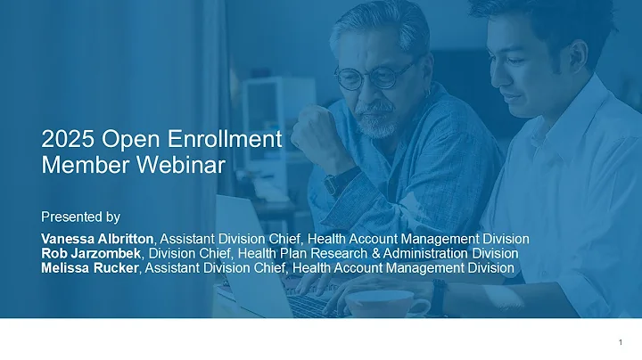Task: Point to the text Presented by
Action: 80,217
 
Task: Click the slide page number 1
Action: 619,343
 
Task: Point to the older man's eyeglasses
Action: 374,75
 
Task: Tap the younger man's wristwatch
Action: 439,297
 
